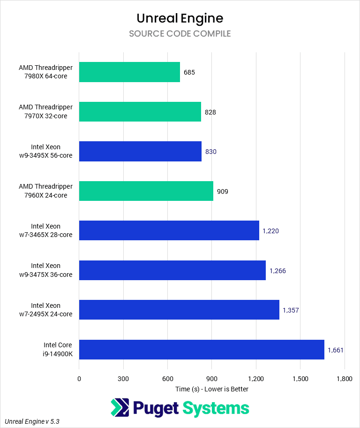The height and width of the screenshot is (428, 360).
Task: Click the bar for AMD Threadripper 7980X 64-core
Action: [x=129, y=72]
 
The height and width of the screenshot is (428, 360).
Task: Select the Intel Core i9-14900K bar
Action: [x=202, y=350]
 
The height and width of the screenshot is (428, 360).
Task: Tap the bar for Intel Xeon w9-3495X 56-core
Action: [x=140, y=152]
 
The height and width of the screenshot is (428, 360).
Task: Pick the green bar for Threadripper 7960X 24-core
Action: [x=146, y=191]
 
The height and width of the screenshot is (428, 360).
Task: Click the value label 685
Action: [x=189, y=72]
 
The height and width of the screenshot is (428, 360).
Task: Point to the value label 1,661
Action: [x=336, y=350]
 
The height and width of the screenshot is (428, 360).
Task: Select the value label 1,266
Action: [x=277, y=271]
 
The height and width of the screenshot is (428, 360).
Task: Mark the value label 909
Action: [x=222, y=191]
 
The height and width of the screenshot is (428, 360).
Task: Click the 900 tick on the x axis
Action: [x=212, y=378]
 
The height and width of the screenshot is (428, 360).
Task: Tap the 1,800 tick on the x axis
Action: [x=345, y=378]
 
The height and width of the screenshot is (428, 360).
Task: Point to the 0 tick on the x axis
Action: [x=79, y=378]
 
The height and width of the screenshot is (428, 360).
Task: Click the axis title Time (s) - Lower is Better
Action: [x=212, y=389]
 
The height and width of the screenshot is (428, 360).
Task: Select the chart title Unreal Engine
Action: [x=180, y=18]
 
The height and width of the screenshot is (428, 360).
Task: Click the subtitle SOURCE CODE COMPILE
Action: [x=180, y=34]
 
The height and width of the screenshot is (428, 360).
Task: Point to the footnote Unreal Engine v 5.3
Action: [x=32, y=421]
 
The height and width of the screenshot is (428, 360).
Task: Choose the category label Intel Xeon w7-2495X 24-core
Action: [x=52, y=310]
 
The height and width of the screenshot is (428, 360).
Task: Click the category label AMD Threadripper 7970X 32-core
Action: [x=46, y=112]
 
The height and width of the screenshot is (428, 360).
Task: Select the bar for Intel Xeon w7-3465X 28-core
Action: [x=169, y=230]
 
